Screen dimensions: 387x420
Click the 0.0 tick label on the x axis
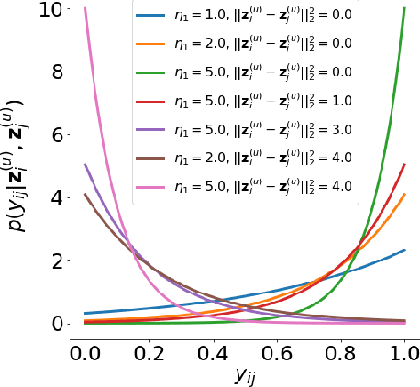pos(85,355)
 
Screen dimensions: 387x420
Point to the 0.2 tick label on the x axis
pos(149,355)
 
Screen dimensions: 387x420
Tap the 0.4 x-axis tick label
pos(213,355)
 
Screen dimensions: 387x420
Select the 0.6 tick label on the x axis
pos(277,355)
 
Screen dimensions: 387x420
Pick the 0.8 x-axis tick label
pos(340,355)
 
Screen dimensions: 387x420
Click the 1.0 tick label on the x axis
pos(403,355)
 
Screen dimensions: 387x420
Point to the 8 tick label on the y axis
pos(57,72)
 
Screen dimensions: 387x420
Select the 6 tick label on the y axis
pos(57,136)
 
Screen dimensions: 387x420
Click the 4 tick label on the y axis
pos(57,198)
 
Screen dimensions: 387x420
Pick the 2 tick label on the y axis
pos(57,261)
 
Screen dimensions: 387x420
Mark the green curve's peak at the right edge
pos(403,9)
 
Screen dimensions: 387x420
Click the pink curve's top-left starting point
pos(85,9)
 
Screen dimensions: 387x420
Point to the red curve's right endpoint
pos(403,166)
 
